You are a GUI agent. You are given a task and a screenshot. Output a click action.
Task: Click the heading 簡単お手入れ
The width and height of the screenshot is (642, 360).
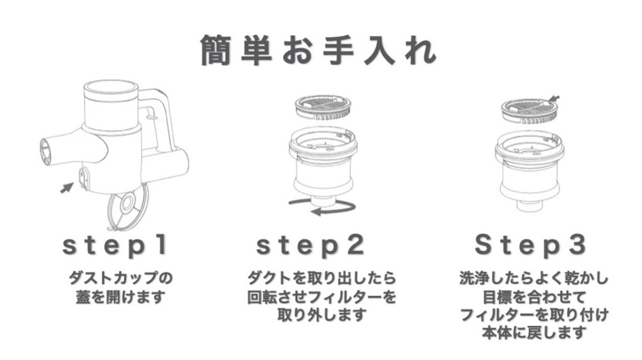coord(318,50)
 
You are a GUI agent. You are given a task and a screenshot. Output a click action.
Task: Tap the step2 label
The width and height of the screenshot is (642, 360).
coord(310,246)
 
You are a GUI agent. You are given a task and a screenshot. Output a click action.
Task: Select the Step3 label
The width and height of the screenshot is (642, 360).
coord(530,246)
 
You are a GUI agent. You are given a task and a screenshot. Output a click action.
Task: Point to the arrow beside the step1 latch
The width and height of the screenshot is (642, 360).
coord(66,188)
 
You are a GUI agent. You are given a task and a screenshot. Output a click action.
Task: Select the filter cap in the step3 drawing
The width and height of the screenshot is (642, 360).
coord(530,112)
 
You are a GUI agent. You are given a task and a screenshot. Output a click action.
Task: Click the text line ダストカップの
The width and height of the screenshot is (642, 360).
coord(121,279)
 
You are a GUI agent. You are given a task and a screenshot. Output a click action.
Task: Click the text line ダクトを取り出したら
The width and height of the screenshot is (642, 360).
coord(322,279)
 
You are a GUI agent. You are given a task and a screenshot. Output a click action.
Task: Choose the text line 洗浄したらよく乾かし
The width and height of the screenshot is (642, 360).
coord(534,279)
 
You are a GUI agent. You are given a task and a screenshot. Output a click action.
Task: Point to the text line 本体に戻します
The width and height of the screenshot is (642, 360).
coord(534,333)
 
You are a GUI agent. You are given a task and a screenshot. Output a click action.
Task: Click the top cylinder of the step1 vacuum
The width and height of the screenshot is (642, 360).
coord(111,105)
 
